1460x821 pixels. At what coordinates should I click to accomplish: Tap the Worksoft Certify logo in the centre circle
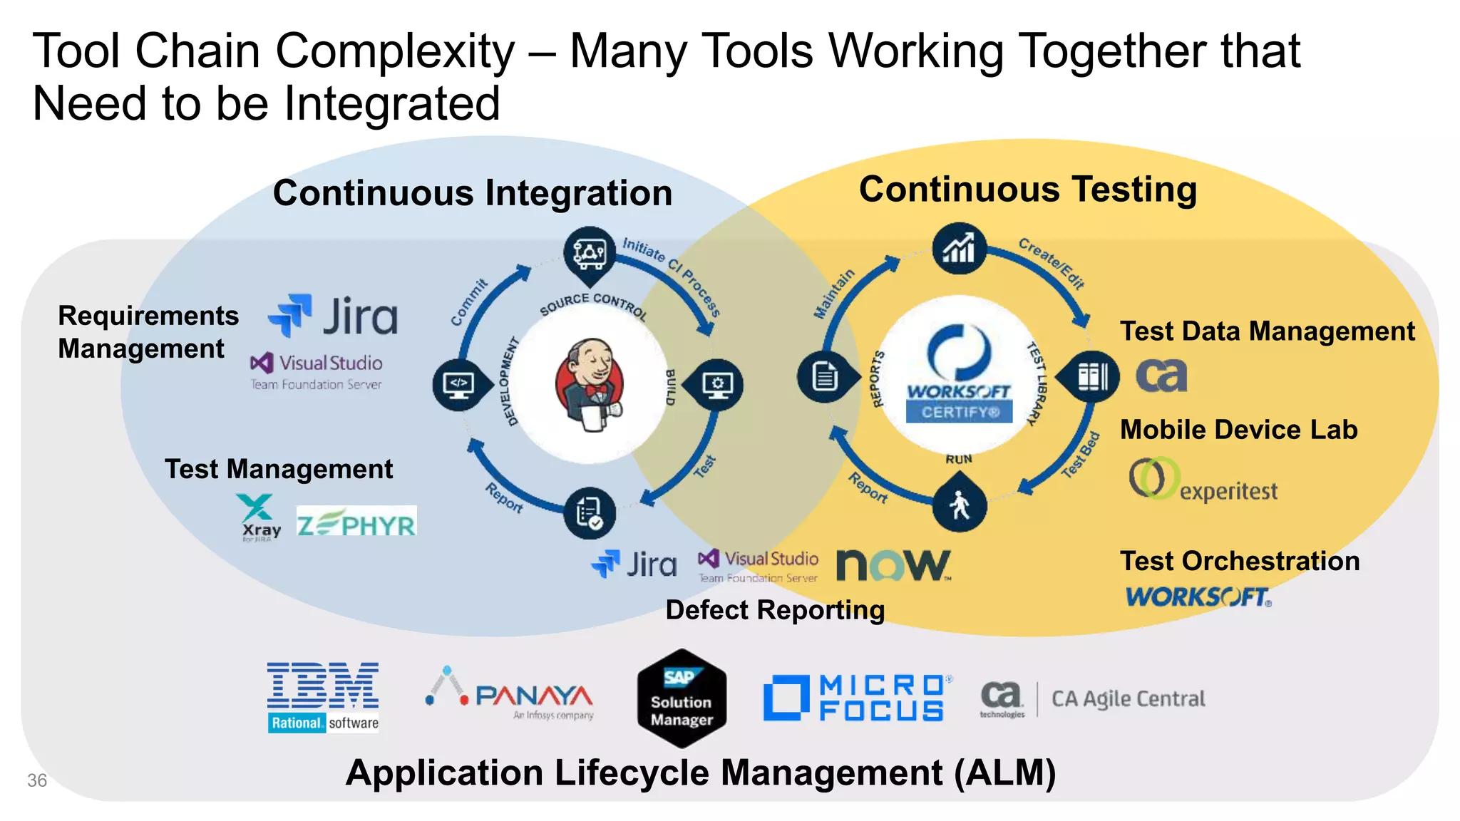[959, 375]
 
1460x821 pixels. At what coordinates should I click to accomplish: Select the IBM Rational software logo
[323, 697]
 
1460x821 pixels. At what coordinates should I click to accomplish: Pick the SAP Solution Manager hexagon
[682, 698]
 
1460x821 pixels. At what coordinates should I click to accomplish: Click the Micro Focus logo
[855, 698]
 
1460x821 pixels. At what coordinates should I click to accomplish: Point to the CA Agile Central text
[1128, 698]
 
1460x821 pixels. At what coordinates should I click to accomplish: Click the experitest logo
[1203, 480]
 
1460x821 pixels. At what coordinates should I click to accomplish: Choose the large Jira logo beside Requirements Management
[333, 316]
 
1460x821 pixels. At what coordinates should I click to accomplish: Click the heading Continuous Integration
[472, 193]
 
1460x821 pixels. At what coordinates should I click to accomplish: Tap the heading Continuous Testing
[1027, 190]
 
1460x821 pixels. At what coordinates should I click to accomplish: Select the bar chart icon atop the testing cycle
[959, 249]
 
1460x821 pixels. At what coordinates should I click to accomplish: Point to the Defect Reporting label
[775, 610]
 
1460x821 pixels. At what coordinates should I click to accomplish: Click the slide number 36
[37, 780]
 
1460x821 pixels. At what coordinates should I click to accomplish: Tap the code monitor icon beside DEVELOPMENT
[458, 384]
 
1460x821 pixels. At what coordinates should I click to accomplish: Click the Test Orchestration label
[1239, 561]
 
